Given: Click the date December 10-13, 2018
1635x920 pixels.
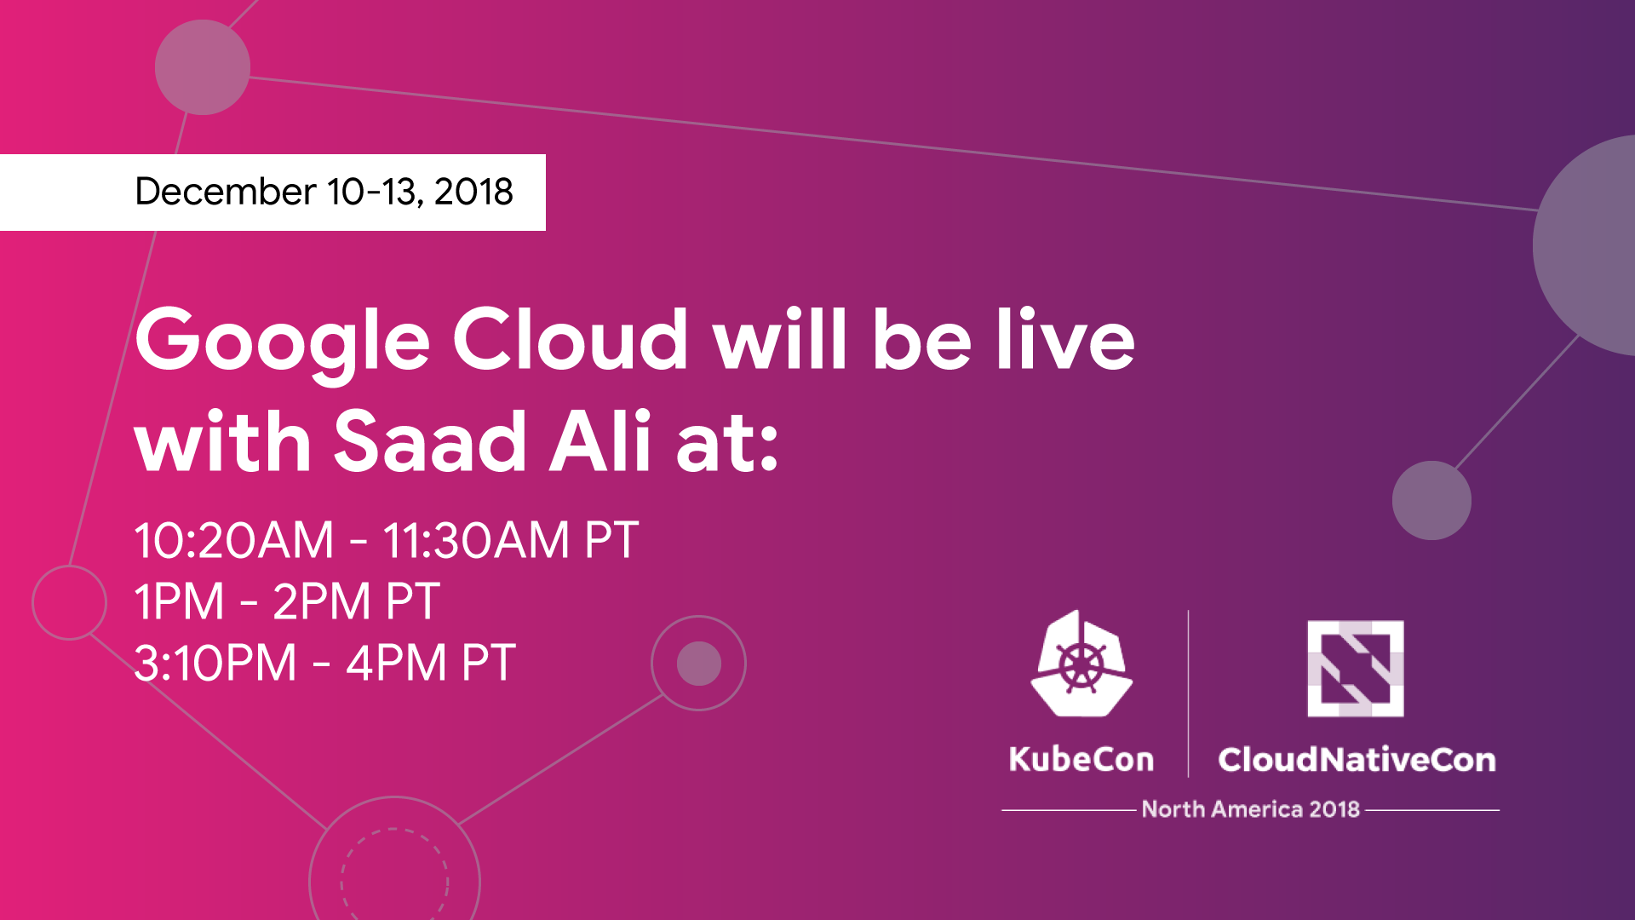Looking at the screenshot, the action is [324, 192].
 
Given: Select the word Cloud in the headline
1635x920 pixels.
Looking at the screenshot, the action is [571, 338].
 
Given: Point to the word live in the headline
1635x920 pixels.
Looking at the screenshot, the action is [1065, 338].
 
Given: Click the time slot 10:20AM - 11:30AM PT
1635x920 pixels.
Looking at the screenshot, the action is [387, 540].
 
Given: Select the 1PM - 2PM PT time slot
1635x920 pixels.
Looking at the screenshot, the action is [287, 601].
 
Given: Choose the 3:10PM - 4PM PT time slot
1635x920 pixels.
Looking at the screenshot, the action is [325, 663].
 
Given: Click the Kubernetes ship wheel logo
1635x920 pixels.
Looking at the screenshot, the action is [1081, 664].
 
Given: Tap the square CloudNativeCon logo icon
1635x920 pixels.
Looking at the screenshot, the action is [1356, 669].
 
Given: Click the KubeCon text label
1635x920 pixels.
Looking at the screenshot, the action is [1081, 759].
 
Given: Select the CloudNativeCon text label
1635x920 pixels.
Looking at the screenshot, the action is [1357, 759].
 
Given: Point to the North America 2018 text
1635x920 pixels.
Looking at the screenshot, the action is [1251, 809].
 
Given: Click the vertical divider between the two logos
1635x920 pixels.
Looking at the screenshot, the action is [1188, 693].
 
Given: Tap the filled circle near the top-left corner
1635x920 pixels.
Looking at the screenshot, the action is [203, 67].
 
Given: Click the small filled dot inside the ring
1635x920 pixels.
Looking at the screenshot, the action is [699, 664].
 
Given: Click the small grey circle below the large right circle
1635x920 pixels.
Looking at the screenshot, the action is [1431, 500].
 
